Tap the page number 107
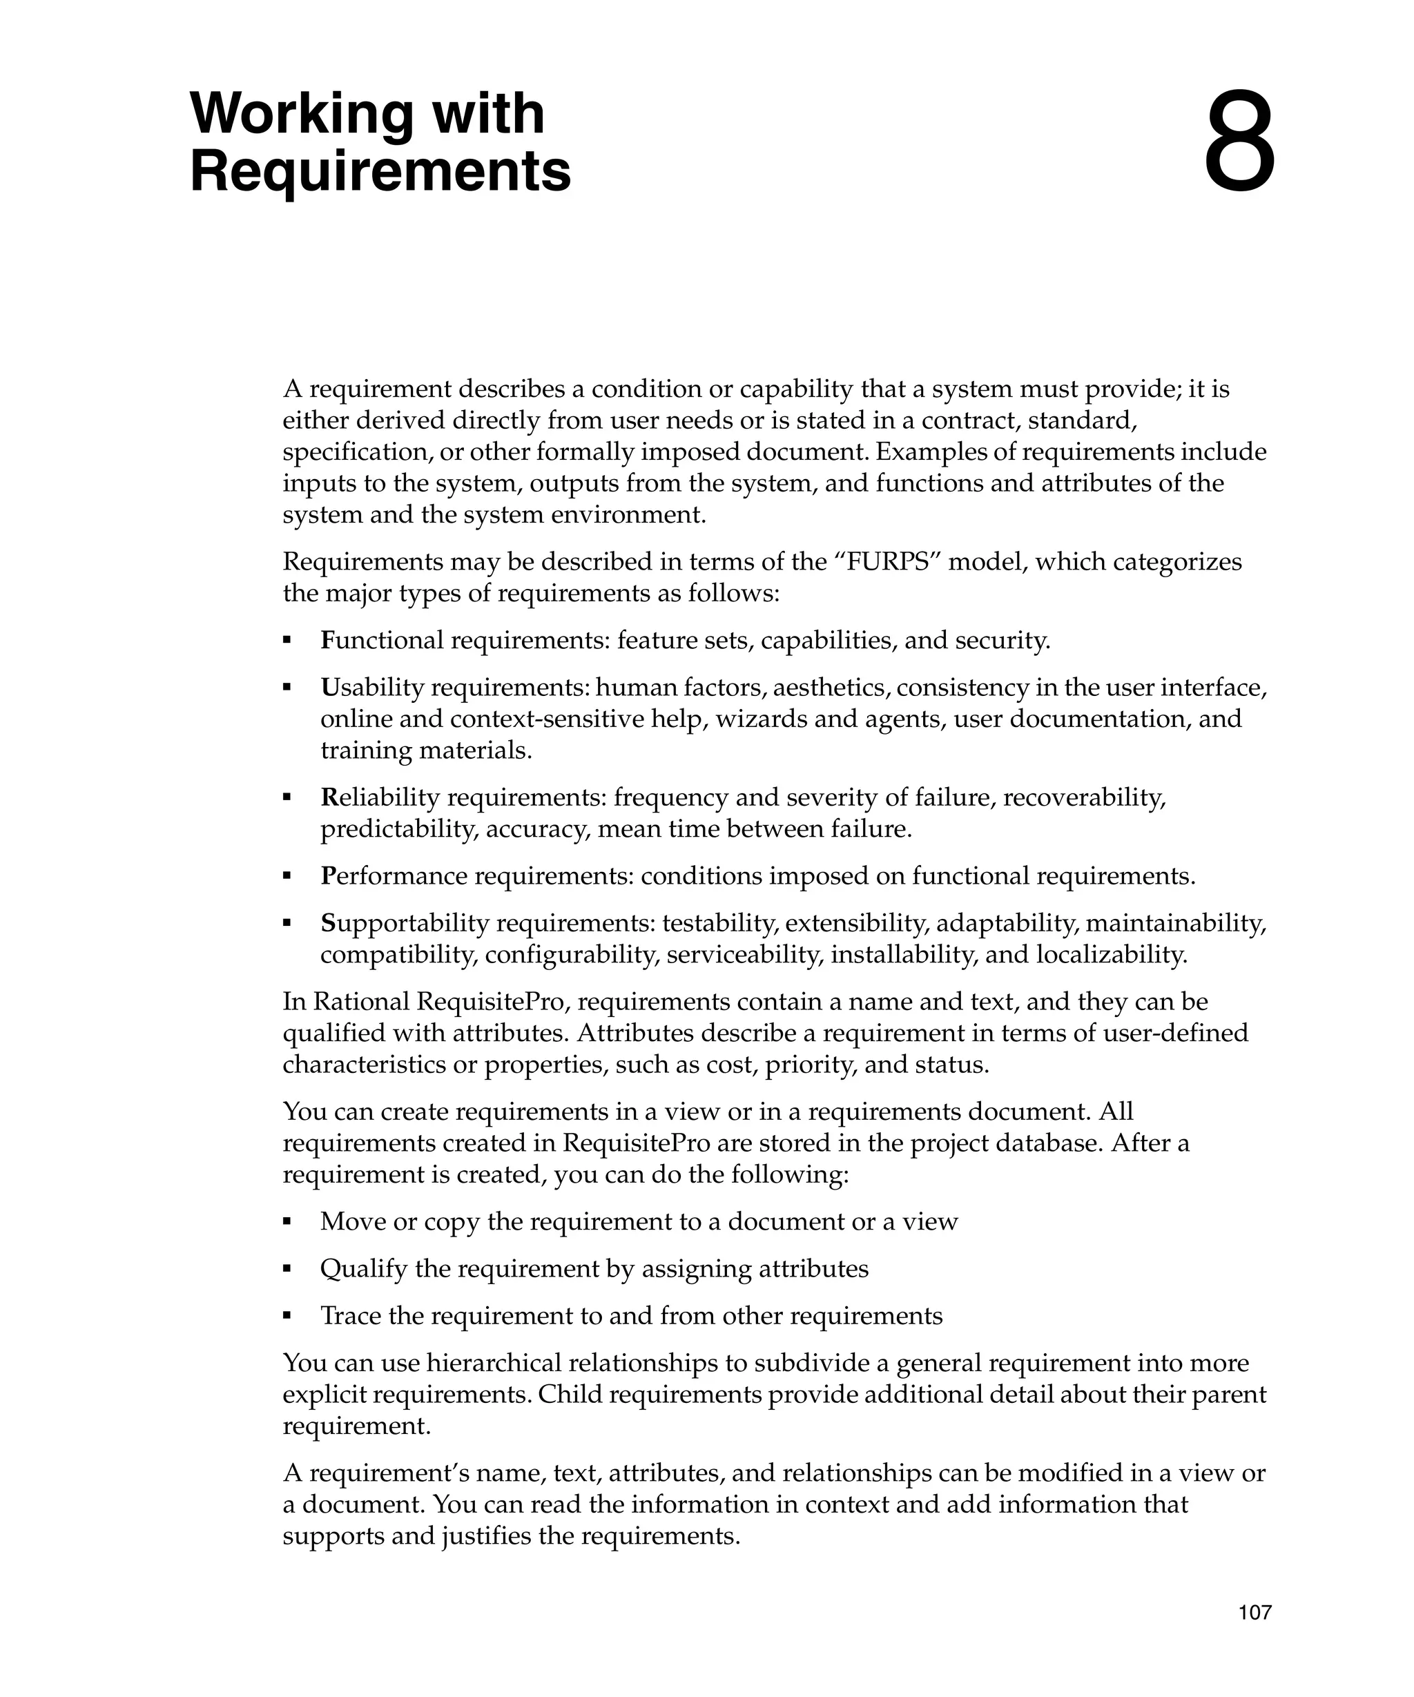click(1255, 1612)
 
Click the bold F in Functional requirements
click(327, 641)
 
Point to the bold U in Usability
click(328, 688)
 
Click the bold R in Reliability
click(328, 797)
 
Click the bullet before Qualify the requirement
click(287, 1270)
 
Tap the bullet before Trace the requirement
click(287, 1317)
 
